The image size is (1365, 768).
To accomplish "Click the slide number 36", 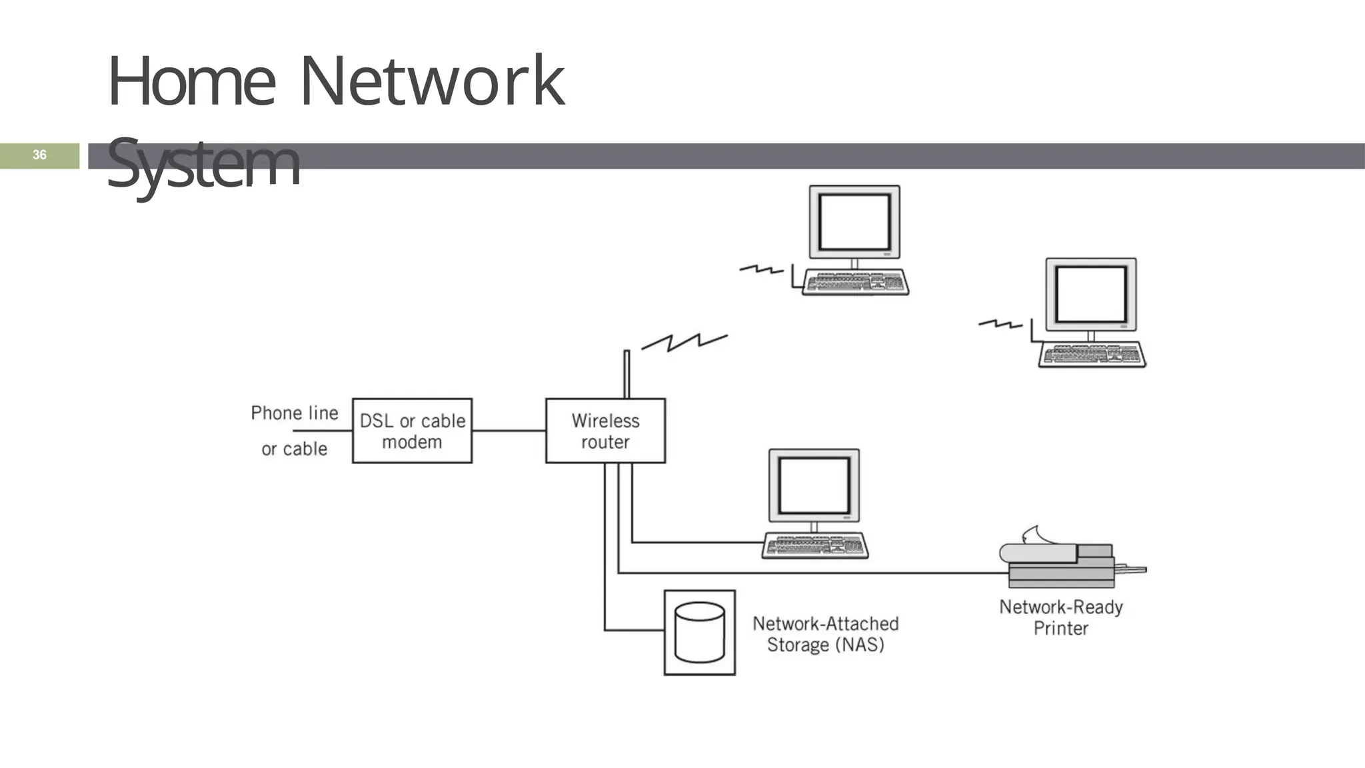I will click(39, 155).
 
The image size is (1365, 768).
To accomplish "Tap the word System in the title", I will click(203, 163).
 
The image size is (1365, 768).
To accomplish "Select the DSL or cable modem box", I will click(412, 431).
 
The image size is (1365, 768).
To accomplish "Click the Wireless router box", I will click(605, 431).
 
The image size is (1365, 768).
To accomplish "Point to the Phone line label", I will click(294, 413).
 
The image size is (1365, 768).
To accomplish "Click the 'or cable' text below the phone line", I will click(294, 449).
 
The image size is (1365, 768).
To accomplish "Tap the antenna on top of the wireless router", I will click(627, 373).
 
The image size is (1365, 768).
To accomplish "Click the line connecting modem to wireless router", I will click(509, 431).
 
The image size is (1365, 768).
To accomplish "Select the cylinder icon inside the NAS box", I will click(699, 632).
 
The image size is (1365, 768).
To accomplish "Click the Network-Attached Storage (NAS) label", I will click(825, 634).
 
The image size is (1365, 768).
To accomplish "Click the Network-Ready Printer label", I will click(1060, 617).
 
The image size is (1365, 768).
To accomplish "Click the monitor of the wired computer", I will click(814, 485).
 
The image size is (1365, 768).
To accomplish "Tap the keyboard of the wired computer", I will click(814, 545).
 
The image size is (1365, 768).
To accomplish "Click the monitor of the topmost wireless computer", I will click(854, 222).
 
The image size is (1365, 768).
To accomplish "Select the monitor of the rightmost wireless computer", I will click(1091, 295).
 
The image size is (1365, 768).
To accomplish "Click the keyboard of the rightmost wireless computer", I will click(1092, 355).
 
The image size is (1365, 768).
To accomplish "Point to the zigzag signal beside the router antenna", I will click(684, 342).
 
